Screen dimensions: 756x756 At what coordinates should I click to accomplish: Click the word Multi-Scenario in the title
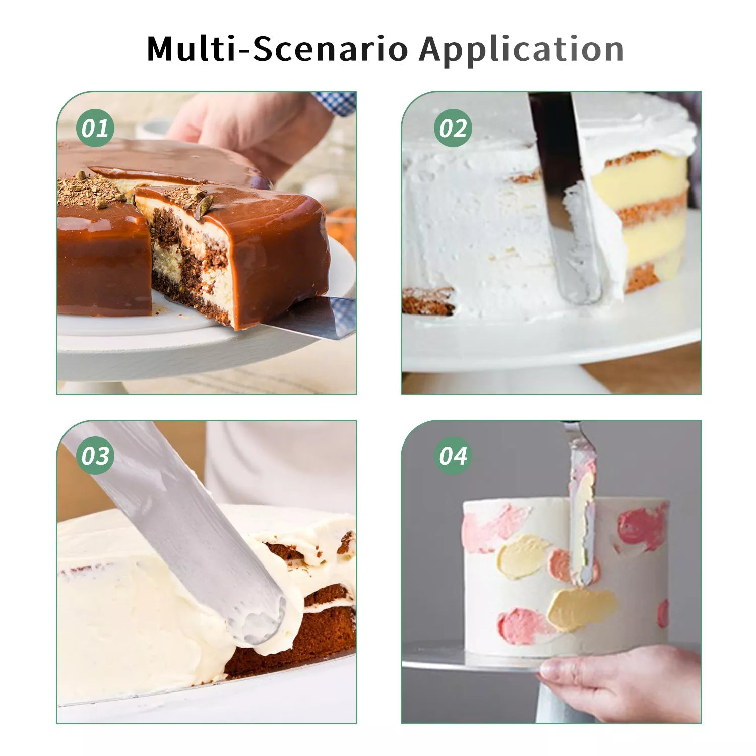click(x=277, y=49)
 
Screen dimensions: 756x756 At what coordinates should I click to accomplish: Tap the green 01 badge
click(x=95, y=128)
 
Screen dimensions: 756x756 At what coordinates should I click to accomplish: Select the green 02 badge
click(x=453, y=128)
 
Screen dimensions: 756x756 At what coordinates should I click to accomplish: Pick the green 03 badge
click(x=95, y=456)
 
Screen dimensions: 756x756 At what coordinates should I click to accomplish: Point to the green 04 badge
click(x=453, y=456)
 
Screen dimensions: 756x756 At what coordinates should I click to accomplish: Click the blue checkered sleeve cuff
click(x=335, y=103)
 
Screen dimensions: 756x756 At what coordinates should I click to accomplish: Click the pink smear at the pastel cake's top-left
click(x=494, y=527)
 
